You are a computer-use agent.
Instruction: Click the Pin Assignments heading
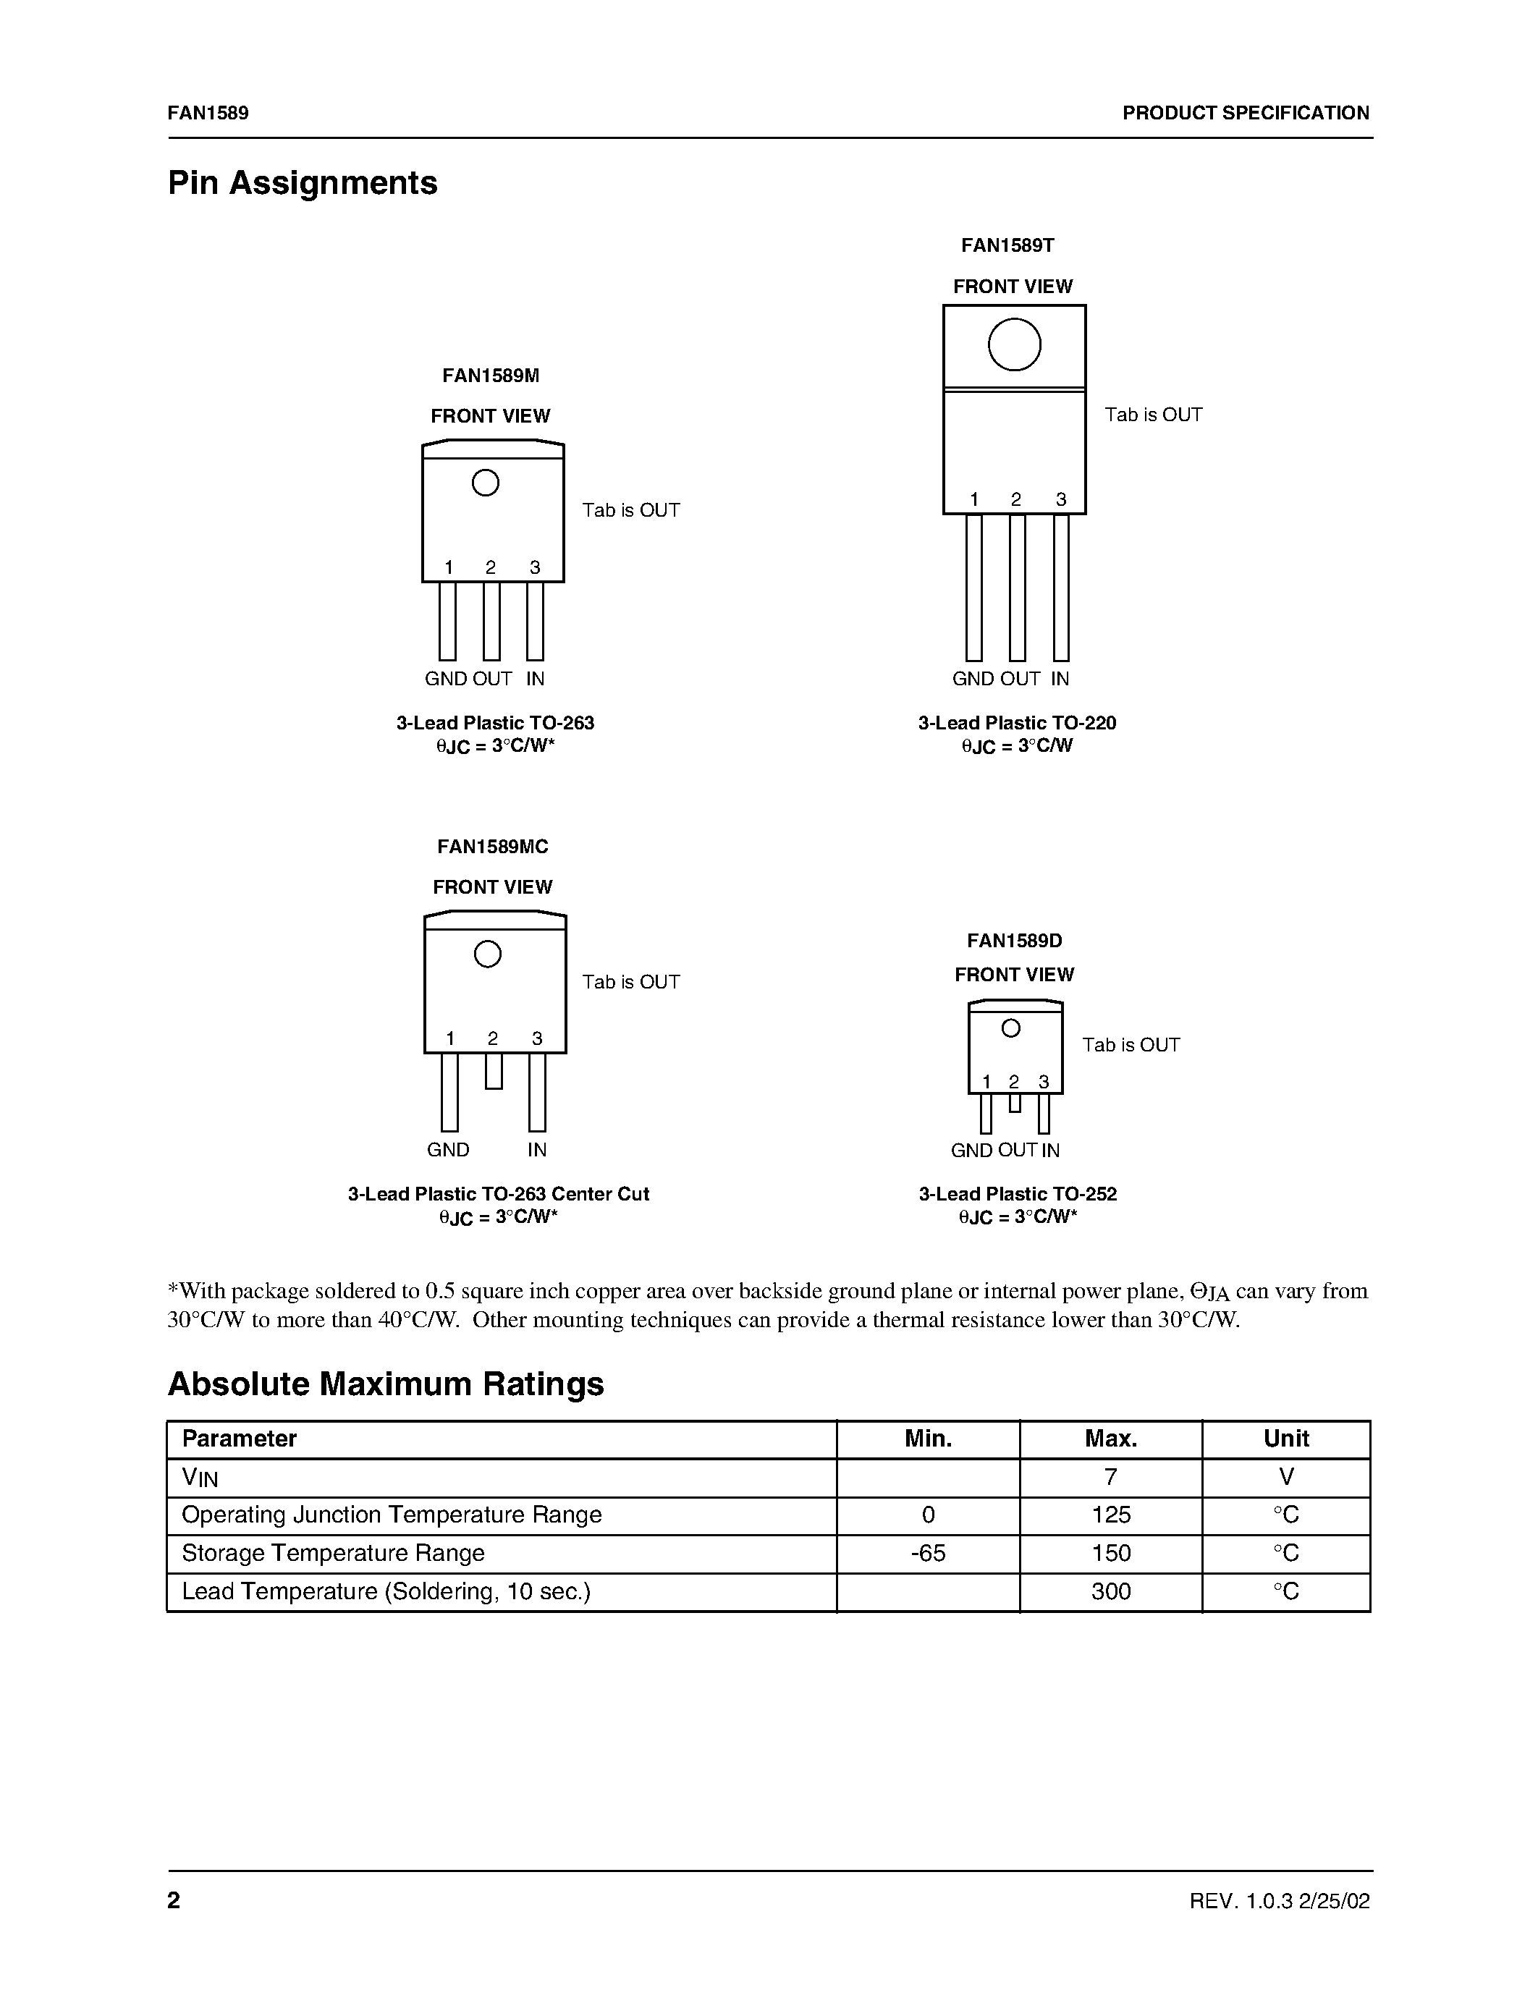(303, 183)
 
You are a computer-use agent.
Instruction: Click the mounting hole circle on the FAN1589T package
(1014, 344)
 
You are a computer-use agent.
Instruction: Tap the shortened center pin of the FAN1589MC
(494, 1071)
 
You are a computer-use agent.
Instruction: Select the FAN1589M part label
(491, 376)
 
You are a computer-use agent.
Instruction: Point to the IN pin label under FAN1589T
(1060, 679)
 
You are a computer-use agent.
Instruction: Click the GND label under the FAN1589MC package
(448, 1150)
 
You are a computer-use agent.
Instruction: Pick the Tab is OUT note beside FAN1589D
(1131, 1045)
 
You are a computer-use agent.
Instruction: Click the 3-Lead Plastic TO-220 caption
(1017, 723)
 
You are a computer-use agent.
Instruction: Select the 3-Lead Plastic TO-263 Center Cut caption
(499, 1193)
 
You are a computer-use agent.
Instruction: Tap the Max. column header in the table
(1111, 1439)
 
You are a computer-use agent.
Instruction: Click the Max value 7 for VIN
(1111, 1477)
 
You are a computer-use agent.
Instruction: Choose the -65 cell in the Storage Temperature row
(928, 1553)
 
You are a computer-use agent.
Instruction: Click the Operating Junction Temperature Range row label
(392, 1515)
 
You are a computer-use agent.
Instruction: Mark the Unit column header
(1285, 1439)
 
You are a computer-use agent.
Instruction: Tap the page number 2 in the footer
(174, 1900)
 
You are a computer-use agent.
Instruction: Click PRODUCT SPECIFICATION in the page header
(1246, 113)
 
